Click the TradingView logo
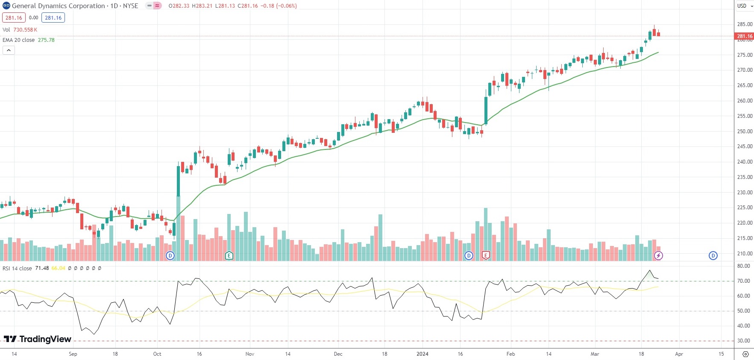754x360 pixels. click(38, 339)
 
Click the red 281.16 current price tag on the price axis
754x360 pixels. click(744, 36)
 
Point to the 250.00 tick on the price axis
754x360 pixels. click(745, 132)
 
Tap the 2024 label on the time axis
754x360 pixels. click(422, 354)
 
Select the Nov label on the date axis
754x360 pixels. click(250, 354)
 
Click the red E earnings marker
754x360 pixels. click(485, 255)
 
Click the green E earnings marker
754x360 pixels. click(229, 255)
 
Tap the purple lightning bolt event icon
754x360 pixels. click(658, 255)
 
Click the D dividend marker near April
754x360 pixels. click(713, 255)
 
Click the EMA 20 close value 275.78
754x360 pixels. click(46, 40)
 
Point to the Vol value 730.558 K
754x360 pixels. click(25, 30)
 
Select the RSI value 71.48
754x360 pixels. click(42, 268)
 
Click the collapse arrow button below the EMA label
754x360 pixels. click(9, 50)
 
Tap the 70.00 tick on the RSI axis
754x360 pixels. click(744, 281)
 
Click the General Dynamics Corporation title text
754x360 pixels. click(58, 6)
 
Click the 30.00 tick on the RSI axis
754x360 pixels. click(744, 341)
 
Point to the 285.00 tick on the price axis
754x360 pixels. click(745, 24)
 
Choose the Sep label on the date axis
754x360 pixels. click(73, 354)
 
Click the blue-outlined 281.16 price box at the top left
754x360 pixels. click(53, 18)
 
